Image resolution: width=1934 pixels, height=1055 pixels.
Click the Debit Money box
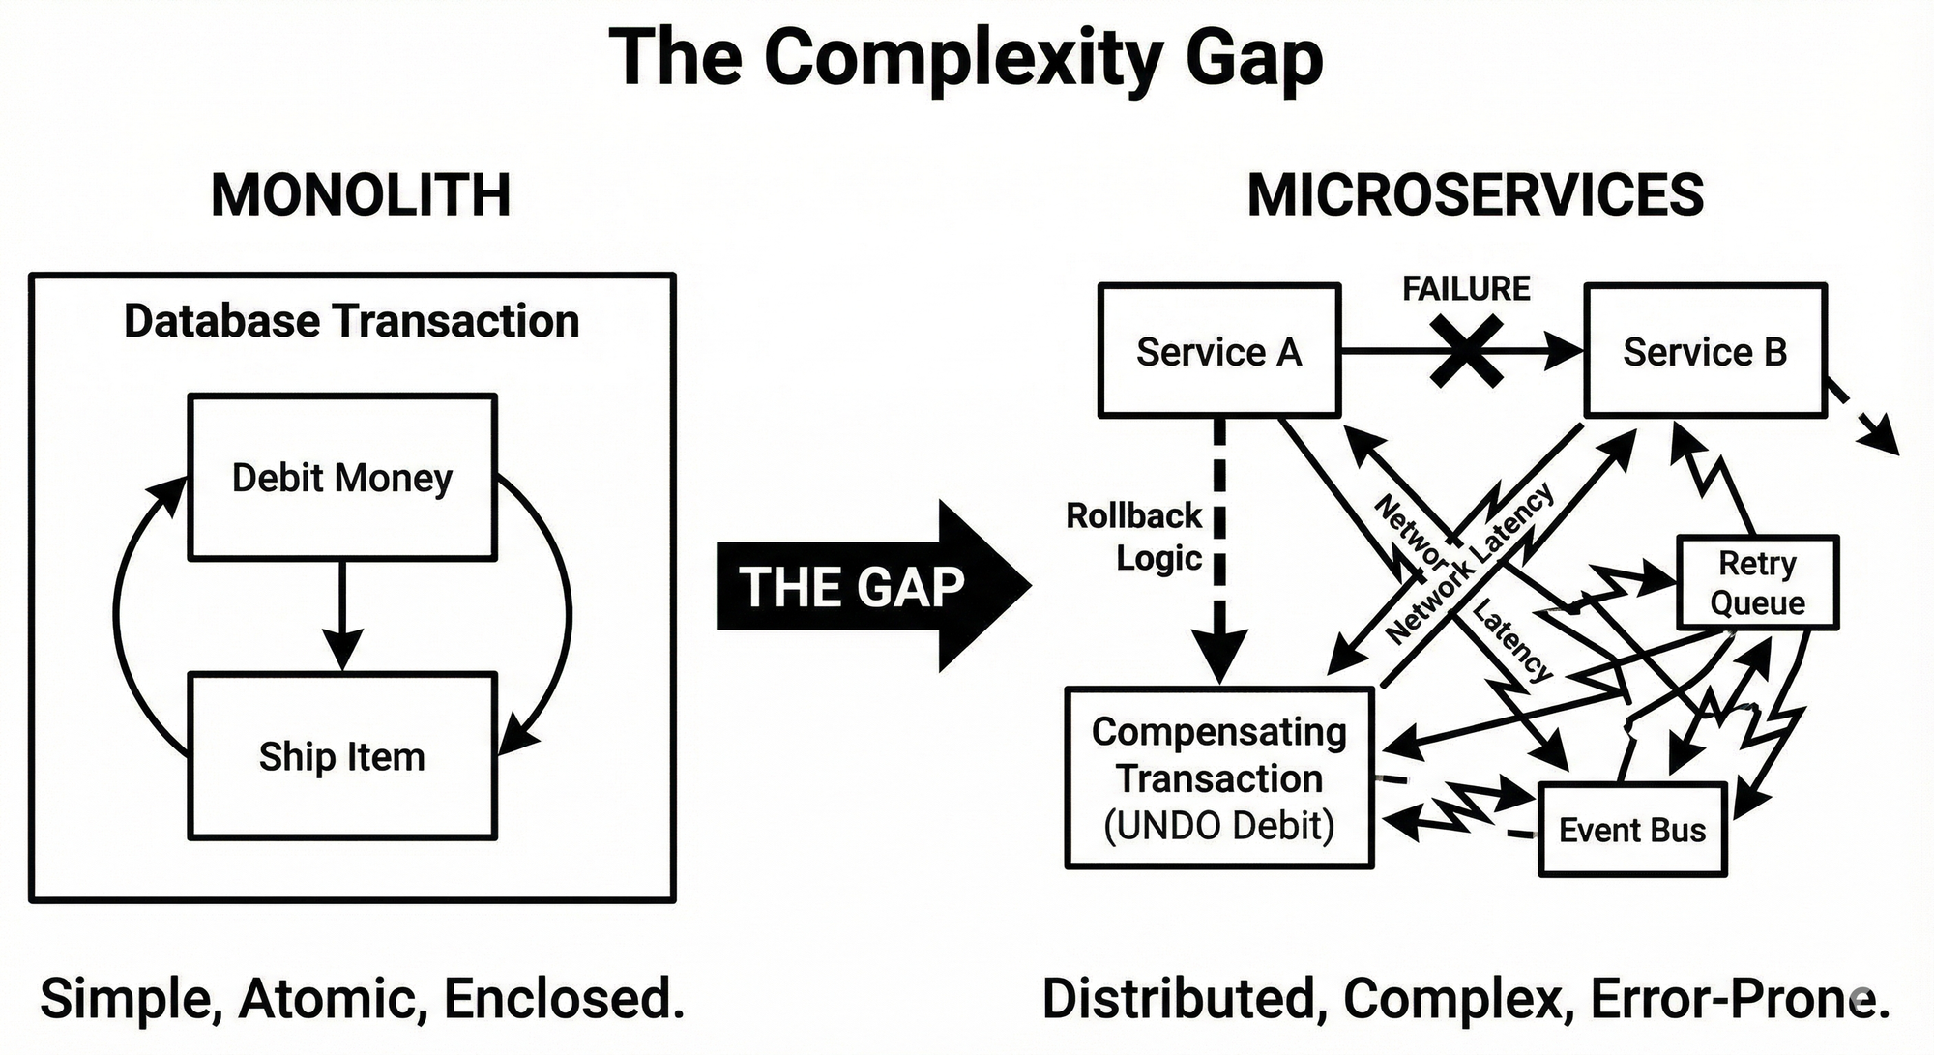(342, 477)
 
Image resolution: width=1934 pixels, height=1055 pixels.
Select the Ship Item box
(342, 755)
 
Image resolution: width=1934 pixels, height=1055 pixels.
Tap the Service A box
(1218, 351)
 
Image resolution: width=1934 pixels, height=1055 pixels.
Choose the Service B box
(1705, 351)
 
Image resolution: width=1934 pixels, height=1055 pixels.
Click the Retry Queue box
(1757, 582)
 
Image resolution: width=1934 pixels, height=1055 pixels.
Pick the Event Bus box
(1632, 830)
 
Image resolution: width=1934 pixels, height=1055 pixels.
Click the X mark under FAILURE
(1466, 352)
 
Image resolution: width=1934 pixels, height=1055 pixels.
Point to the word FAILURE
(1466, 288)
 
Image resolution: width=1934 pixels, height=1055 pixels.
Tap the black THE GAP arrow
(870, 586)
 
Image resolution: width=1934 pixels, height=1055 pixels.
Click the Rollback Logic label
(1133, 537)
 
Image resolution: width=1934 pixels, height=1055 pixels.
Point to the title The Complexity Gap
(966, 58)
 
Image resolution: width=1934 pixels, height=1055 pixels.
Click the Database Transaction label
(351, 321)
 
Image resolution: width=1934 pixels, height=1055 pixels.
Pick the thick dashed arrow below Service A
(1219, 551)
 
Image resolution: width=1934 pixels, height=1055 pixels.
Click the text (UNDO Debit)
(1218, 826)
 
